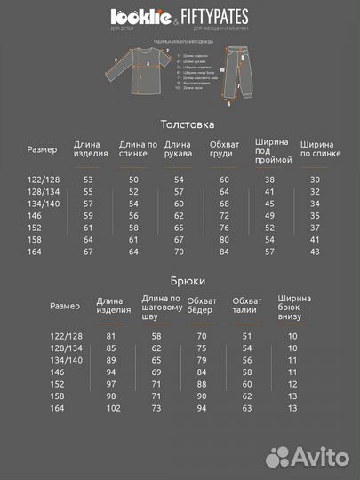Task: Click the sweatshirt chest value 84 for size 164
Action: pyautogui.click(x=224, y=252)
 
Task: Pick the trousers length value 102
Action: pyautogui.click(x=112, y=408)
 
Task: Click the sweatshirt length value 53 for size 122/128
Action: pyautogui.click(x=88, y=180)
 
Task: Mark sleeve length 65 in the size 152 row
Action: pyautogui.click(x=179, y=228)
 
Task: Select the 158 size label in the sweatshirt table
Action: pyautogui.click(x=36, y=240)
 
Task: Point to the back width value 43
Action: pyautogui.click(x=315, y=252)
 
